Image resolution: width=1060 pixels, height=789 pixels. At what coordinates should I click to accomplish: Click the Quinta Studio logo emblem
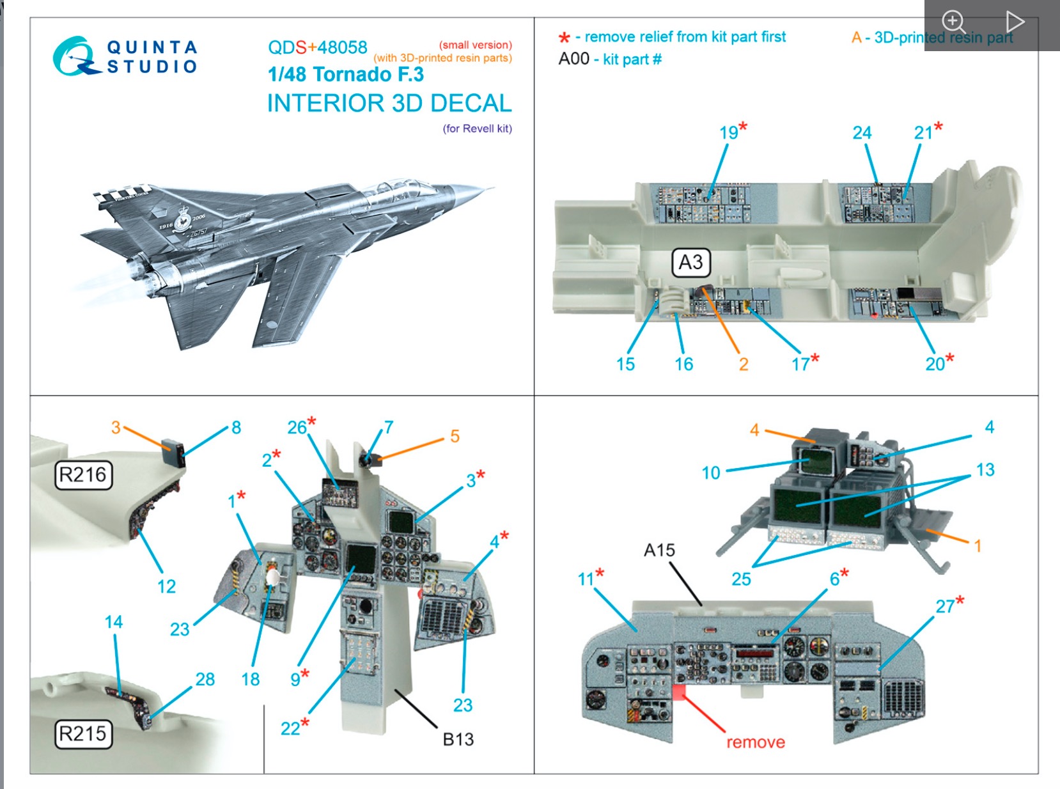[75, 56]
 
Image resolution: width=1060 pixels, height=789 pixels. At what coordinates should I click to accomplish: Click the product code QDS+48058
[317, 47]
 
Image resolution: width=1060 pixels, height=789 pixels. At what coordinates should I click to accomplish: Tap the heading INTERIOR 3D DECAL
[389, 103]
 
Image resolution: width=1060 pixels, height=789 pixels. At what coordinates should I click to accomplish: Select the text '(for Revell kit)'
[477, 129]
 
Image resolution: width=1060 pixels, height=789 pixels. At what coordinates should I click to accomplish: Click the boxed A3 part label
[690, 262]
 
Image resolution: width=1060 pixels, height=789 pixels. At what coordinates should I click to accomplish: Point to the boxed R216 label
[83, 475]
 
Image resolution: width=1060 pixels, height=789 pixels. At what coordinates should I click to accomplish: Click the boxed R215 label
[82, 733]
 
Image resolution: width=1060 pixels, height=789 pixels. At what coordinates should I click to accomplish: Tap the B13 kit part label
[458, 739]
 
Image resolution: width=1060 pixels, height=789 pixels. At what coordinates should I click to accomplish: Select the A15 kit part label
[659, 550]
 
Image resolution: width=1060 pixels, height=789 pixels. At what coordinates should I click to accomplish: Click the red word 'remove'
[755, 742]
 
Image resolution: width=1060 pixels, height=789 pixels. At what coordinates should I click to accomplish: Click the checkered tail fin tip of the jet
[121, 192]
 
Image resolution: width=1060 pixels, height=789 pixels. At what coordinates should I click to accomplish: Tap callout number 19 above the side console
[729, 132]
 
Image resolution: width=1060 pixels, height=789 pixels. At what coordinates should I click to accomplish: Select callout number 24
[861, 133]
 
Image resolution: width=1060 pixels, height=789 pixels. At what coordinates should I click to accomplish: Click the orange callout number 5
[455, 436]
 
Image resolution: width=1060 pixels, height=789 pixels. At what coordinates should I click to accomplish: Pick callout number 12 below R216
[166, 586]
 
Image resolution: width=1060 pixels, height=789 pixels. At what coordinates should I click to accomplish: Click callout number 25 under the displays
[741, 579]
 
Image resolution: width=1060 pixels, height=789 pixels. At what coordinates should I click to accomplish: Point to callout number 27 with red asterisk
[946, 606]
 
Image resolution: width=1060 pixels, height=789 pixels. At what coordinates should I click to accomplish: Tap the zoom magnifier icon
[953, 21]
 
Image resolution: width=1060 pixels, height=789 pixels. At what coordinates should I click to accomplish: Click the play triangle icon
[1015, 21]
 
